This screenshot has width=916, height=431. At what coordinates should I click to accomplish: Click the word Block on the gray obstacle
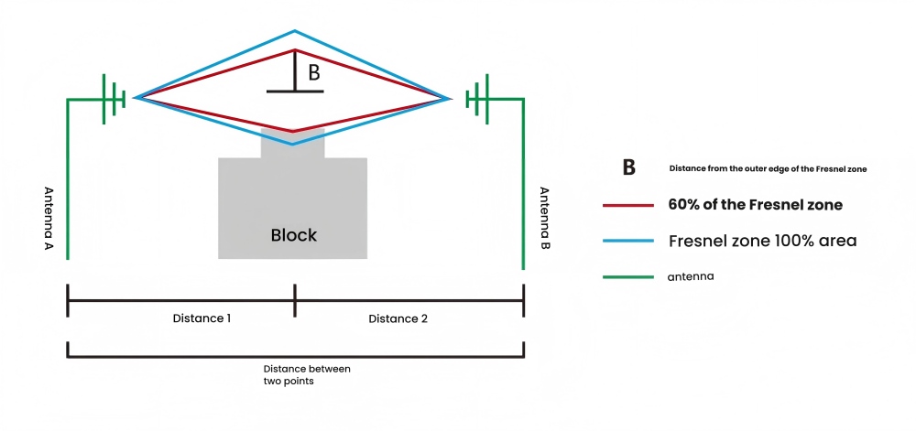[x=293, y=235]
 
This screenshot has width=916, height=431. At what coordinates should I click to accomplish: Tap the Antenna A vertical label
[x=49, y=220]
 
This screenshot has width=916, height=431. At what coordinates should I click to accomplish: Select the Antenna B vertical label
[x=543, y=220]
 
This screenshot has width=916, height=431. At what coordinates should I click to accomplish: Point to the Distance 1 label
[x=202, y=318]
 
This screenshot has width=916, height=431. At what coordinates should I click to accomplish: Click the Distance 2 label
[x=398, y=318]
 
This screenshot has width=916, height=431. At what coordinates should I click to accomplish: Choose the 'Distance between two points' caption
[x=295, y=374]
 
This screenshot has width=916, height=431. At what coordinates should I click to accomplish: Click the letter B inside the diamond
[x=313, y=73]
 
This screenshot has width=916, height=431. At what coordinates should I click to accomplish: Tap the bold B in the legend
[x=628, y=168]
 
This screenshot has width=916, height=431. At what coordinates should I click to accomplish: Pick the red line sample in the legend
[x=627, y=205]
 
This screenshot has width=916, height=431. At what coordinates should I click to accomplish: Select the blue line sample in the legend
[x=627, y=241]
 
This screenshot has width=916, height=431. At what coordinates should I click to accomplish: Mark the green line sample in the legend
[x=627, y=276]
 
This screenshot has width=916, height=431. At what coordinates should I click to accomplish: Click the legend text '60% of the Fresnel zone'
[x=756, y=205]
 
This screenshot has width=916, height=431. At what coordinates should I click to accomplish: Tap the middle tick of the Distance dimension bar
[x=295, y=299]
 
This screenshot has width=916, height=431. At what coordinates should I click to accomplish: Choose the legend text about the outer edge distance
[x=768, y=168]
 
